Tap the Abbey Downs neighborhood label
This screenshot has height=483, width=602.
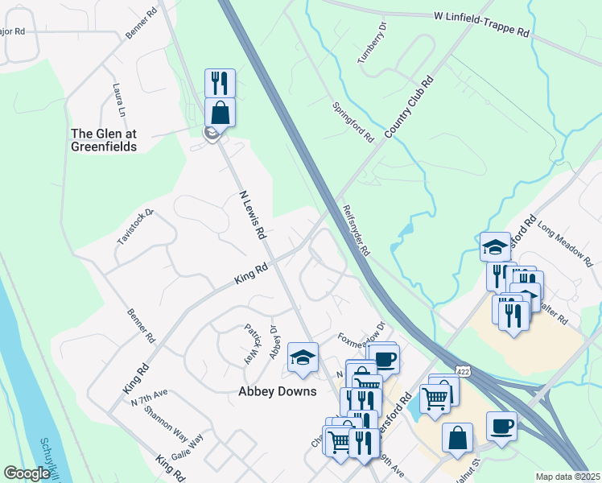tap(278, 392)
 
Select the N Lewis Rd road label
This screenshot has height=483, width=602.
tap(253, 215)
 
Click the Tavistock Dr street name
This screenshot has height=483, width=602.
tap(134, 227)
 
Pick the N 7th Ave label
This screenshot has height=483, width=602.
tap(149, 393)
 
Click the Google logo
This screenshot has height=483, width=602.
tap(27, 473)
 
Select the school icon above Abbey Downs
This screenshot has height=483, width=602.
tap(303, 357)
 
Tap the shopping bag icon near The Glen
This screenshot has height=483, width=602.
tap(220, 111)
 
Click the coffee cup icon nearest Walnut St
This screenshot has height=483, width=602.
tap(502, 426)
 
